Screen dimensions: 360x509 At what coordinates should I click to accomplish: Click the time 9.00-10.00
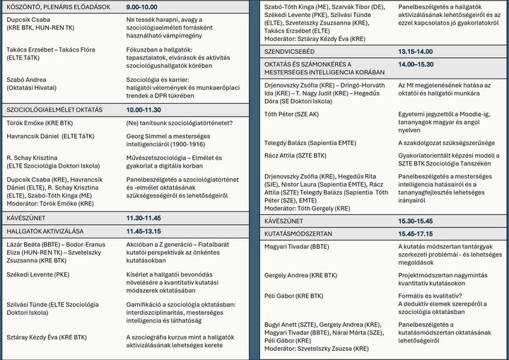click(144, 6)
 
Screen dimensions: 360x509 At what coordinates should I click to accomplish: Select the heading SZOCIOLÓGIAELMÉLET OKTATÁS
click(54, 110)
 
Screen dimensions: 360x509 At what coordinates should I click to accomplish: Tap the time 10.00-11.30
click(144, 110)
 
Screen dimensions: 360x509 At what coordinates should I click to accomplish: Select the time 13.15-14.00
click(415, 52)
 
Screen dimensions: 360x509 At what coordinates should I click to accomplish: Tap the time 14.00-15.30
click(415, 64)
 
